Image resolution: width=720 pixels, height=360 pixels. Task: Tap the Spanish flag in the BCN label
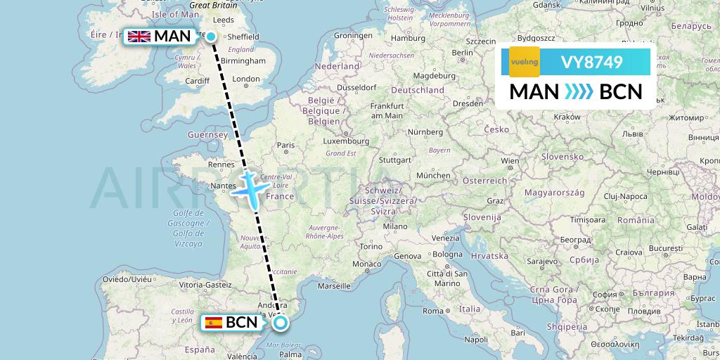213,323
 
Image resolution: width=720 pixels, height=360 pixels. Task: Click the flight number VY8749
591,62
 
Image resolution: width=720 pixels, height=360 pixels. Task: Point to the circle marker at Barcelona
281,323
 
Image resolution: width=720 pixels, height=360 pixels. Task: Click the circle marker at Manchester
210,36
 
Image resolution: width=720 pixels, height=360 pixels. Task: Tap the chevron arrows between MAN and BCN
579,92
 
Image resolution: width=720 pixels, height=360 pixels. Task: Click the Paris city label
285,146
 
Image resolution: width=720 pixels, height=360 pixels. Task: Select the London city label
246,79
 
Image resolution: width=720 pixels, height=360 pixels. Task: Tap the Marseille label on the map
333,287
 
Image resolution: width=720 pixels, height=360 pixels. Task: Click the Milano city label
395,226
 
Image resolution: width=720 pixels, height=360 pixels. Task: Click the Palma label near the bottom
290,355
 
